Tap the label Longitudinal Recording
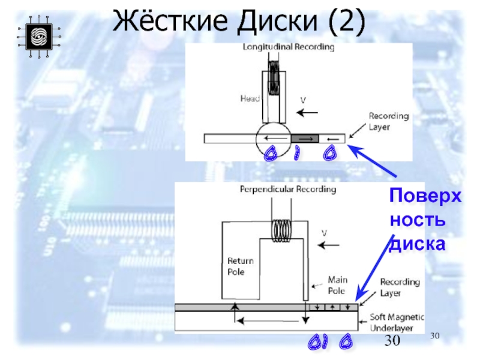tap(288, 47)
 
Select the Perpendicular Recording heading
tap(288, 190)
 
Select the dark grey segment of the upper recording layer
tap(305, 139)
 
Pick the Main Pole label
tap(337, 285)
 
